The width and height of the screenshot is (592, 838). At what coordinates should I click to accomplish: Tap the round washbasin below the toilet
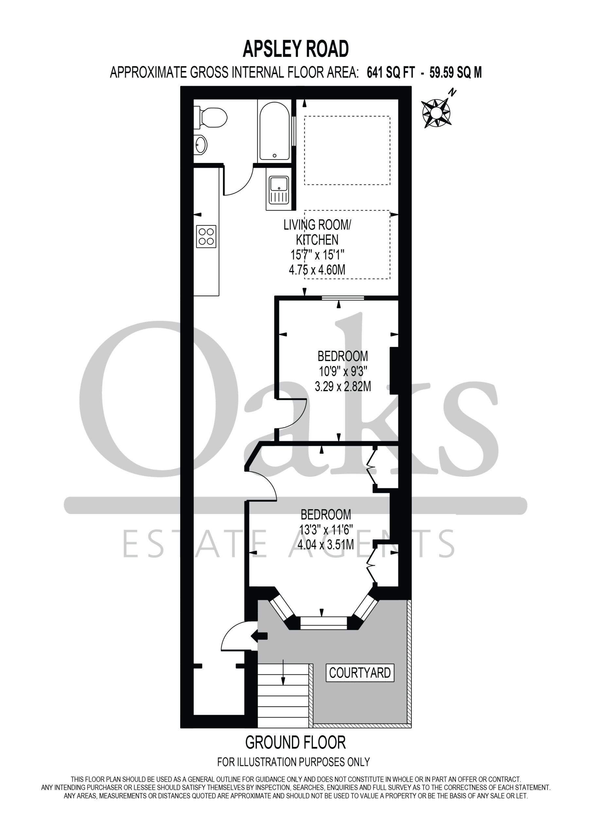pos(200,145)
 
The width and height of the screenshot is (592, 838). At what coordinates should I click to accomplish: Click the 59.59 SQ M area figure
pos(456,73)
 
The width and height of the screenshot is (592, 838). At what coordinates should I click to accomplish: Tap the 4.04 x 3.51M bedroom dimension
pos(326,545)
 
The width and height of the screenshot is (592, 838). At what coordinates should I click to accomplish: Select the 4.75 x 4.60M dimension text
pos(317,270)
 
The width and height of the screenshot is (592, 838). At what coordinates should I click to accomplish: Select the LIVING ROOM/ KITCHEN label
pos(317,232)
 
